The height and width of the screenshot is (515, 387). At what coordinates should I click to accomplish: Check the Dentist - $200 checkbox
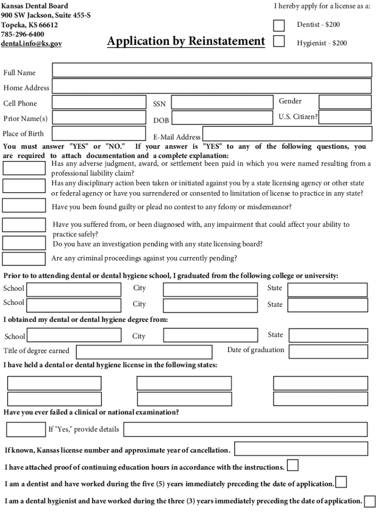coord(278,25)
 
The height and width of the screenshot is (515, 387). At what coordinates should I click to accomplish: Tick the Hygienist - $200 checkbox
coord(278,41)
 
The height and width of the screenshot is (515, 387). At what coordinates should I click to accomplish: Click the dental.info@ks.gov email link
coord(31,44)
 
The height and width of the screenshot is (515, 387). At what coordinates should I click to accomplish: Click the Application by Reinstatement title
coord(186,41)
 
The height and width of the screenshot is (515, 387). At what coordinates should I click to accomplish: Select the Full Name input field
coord(212,70)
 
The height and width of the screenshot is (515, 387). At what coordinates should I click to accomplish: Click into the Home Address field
coord(212,86)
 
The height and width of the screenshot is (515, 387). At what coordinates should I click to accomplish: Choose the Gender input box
coord(345,102)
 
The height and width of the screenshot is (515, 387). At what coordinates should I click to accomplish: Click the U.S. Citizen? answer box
coord(345,117)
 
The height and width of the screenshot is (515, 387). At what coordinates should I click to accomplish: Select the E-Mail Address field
coord(287,134)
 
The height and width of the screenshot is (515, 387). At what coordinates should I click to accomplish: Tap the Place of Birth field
coord(99,133)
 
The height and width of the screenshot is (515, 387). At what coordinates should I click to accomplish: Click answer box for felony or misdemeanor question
coord(24,206)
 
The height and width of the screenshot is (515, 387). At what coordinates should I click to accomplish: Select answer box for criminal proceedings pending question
coord(24,259)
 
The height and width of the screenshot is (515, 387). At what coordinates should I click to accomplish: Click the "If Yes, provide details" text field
coord(245,430)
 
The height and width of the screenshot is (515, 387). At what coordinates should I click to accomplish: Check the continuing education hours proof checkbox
coord(293,465)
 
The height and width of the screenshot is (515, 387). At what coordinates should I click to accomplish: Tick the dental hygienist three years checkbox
coord(369,501)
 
